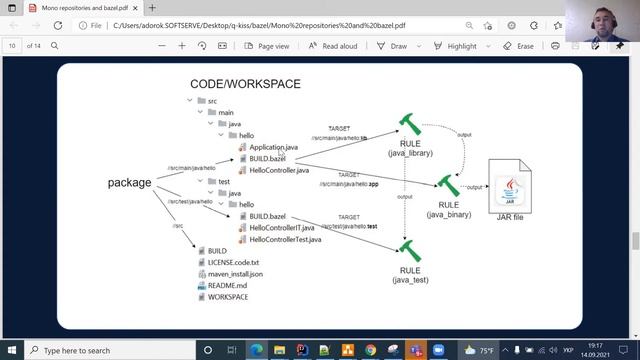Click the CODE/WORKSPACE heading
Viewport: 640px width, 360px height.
pyautogui.click(x=245, y=84)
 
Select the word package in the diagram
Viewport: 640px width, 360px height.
pyautogui.click(x=130, y=183)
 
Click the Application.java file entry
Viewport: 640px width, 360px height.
pyautogui.click(x=273, y=147)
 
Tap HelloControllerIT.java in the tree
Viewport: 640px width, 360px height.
pyautogui.click(x=281, y=228)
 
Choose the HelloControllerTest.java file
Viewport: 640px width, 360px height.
pyautogui.click(x=285, y=240)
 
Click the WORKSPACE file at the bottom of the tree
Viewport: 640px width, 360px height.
pyautogui.click(x=227, y=297)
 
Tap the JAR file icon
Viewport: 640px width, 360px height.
pyautogui.click(x=510, y=185)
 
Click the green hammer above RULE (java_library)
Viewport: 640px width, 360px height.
pyautogui.click(x=409, y=125)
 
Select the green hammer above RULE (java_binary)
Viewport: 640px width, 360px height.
pyautogui.click(x=448, y=184)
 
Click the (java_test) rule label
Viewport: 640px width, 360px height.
pyautogui.click(x=410, y=280)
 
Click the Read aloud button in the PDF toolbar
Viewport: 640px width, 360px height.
pyautogui.click(x=333, y=46)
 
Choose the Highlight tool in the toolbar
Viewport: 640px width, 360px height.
pyautogui.click(x=456, y=46)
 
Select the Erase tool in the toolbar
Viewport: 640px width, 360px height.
pyautogui.click(x=519, y=46)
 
